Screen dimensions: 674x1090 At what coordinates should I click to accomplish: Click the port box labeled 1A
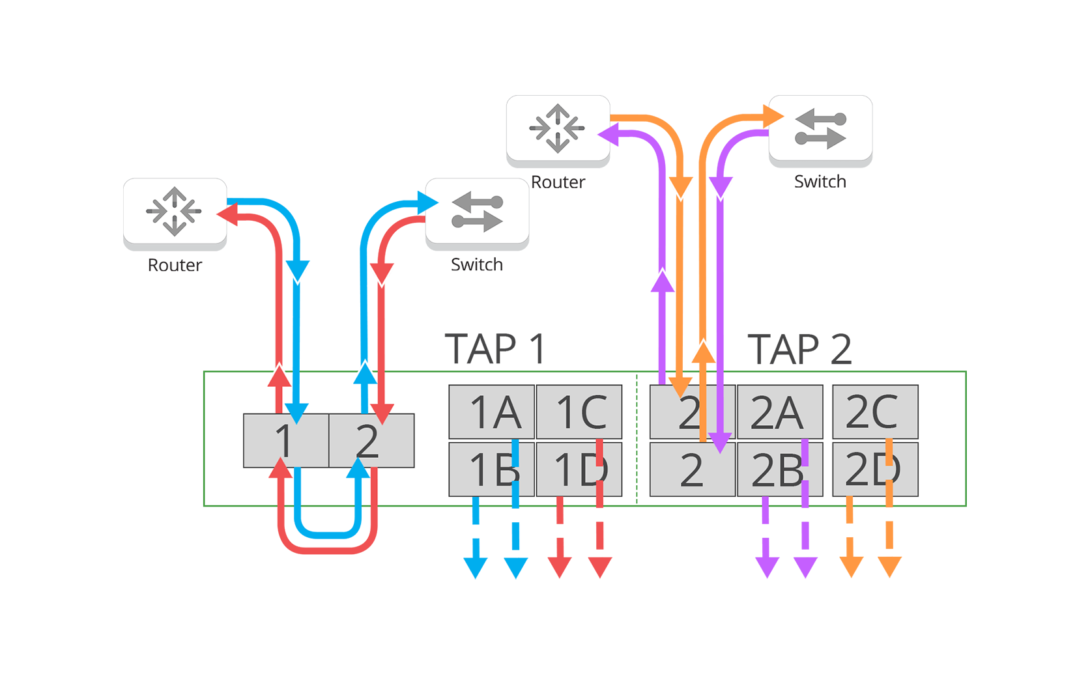pyautogui.click(x=491, y=412)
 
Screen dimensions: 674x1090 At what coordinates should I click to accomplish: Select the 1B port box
pyautogui.click(x=491, y=470)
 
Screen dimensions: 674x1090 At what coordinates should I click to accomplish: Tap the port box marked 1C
pyautogui.click(x=579, y=412)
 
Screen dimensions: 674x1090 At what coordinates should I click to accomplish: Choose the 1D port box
pyautogui.click(x=579, y=470)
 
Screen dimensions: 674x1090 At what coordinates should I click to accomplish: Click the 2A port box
pyautogui.click(x=779, y=412)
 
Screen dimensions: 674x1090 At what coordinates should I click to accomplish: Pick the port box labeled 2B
pyautogui.click(x=779, y=470)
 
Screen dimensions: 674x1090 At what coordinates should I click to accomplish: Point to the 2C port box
pyautogui.click(x=875, y=412)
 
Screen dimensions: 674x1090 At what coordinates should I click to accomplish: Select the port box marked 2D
pyautogui.click(x=875, y=470)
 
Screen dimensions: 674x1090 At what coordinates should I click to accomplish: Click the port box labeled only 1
pyautogui.click(x=285, y=441)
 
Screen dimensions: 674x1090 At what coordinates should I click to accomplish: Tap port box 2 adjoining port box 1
pyautogui.click(x=371, y=441)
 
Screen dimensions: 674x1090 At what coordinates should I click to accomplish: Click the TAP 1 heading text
pyautogui.click(x=498, y=339)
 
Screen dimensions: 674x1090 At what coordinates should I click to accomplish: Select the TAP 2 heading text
pyautogui.click(x=801, y=348)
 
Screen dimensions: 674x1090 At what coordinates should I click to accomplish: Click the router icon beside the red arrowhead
pyautogui.click(x=175, y=211)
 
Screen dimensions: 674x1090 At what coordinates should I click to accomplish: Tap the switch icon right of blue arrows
pyautogui.click(x=477, y=211)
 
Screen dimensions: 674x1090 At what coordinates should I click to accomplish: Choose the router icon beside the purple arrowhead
pyautogui.click(x=558, y=128)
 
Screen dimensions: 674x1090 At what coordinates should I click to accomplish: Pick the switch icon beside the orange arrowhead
pyautogui.click(x=820, y=128)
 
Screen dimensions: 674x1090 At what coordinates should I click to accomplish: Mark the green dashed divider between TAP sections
pyautogui.click(x=637, y=440)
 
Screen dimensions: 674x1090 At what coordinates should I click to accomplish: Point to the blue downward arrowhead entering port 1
pyautogui.click(x=297, y=412)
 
